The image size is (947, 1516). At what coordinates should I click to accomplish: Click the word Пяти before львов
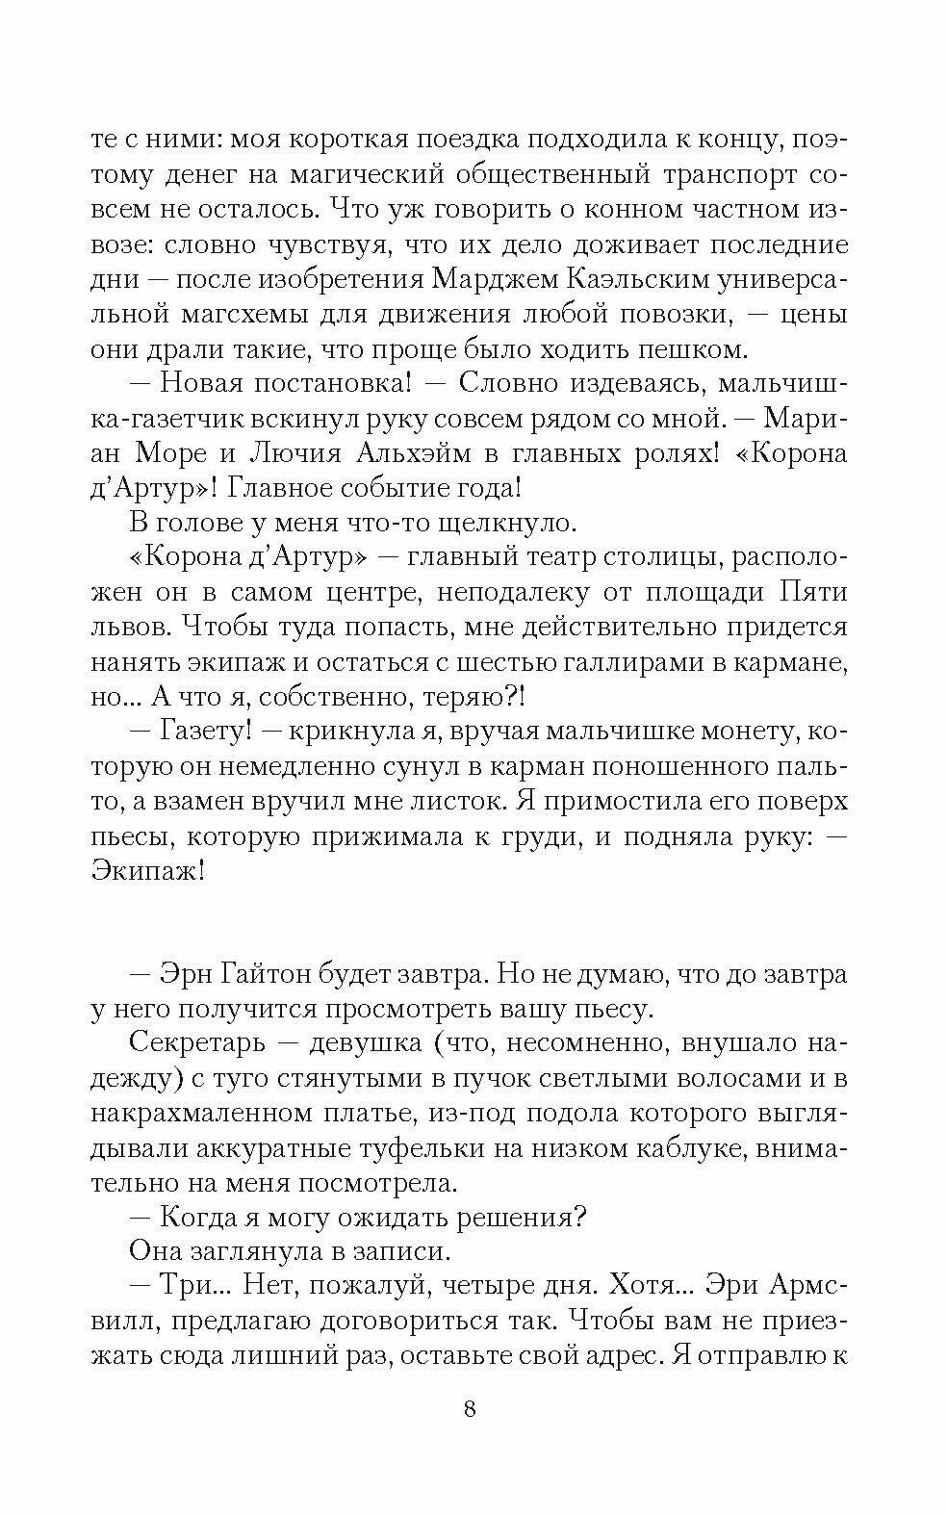pos(810,592)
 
